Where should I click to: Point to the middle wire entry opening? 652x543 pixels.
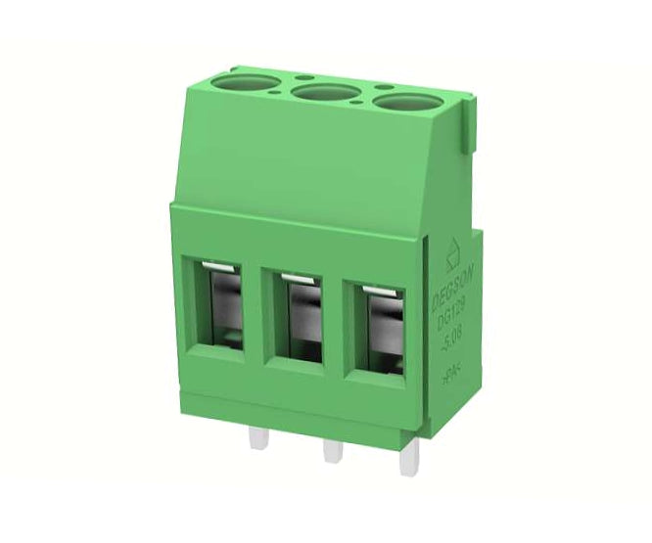pos(298,316)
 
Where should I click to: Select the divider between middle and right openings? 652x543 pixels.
pos(335,320)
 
